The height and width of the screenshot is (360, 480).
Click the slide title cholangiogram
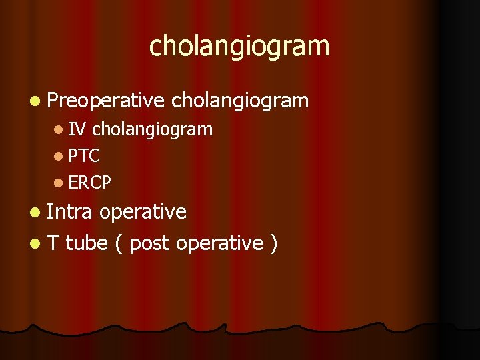pyautogui.click(x=239, y=47)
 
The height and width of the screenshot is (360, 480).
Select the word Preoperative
pyautogui.click(x=106, y=101)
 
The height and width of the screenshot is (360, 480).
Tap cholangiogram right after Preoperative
pyautogui.click(x=240, y=101)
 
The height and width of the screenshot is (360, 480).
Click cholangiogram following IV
pyautogui.click(x=152, y=130)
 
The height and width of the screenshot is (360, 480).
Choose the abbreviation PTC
pyautogui.click(x=84, y=156)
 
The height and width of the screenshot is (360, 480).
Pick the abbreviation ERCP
pyautogui.click(x=90, y=182)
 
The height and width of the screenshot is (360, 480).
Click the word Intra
pyautogui.click(x=71, y=212)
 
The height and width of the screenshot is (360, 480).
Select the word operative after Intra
pyautogui.click(x=143, y=213)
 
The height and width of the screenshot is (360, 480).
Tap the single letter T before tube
pyautogui.click(x=53, y=243)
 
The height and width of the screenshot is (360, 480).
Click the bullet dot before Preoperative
pyautogui.click(x=34, y=101)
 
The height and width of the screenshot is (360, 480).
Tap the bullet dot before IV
pyautogui.click(x=59, y=130)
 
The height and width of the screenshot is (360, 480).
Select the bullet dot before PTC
pyautogui.click(x=59, y=157)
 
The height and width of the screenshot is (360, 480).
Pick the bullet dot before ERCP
pyautogui.click(x=59, y=183)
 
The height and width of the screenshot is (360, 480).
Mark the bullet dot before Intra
pyautogui.click(x=34, y=213)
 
